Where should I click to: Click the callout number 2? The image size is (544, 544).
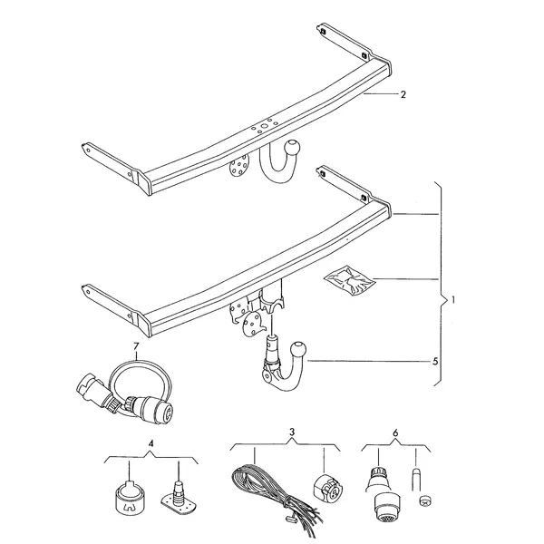(403, 94)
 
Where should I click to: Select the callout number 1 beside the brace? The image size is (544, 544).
(452, 300)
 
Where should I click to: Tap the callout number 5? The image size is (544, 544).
(435, 362)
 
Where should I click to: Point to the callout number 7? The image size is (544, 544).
(136, 346)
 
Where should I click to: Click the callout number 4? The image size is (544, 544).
(151, 443)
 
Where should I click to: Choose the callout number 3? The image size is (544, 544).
(292, 432)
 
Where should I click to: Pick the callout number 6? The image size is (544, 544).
(396, 433)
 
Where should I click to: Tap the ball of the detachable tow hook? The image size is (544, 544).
(299, 349)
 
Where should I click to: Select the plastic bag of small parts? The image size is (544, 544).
(349, 280)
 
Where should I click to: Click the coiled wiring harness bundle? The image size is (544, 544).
(276, 493)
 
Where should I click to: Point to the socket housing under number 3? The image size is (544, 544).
(328, 488)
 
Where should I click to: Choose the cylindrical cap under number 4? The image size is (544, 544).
(129, 497)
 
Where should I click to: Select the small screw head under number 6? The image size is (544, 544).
(424, 500)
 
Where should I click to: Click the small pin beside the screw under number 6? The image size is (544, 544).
(415, 480)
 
